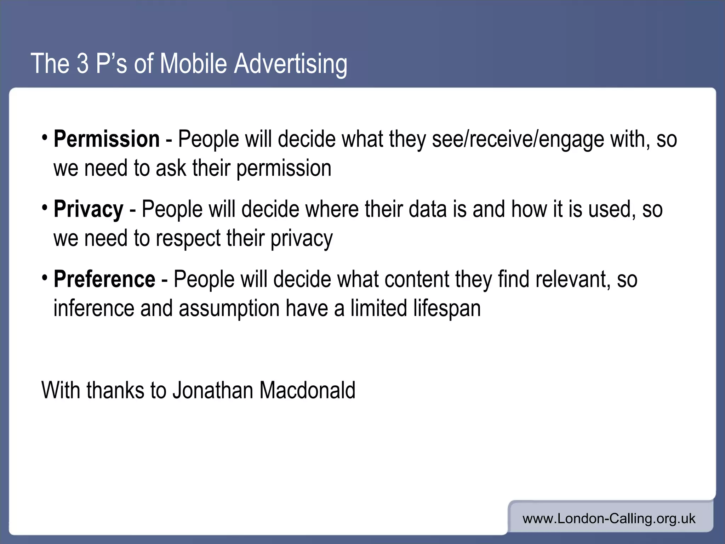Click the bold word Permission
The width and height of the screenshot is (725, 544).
point(107,139)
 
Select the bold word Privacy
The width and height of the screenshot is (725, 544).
point(89,209)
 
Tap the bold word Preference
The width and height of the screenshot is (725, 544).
point(104,279)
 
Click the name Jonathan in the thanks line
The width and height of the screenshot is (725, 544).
point(213,390)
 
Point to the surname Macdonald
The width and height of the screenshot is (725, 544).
point(307,390)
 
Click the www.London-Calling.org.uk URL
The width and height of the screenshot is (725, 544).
point(609,519)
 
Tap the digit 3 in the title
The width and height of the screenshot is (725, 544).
point(82,64)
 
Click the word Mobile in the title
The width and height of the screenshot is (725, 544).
point(193,64)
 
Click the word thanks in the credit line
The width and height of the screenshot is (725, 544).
point(115,390)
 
